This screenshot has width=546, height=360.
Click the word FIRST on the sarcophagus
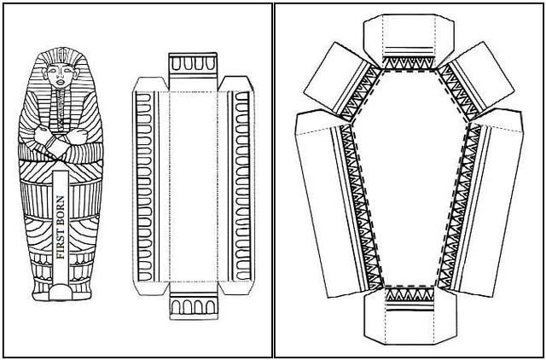coord(61,244)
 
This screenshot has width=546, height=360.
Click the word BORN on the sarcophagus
coord(61,212)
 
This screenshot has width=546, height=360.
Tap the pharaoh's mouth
coord(61,83)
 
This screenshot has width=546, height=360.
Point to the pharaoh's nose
coord(61,74)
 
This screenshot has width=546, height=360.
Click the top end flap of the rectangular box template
coord(193,72)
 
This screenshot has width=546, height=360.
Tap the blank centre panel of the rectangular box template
coord(194,187)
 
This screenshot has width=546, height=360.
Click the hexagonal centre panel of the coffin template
coord(409,177)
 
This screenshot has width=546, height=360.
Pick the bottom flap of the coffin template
coord(410,316)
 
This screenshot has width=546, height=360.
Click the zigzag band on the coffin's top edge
coord(409,62)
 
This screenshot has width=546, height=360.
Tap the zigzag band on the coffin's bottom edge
coord(410,294)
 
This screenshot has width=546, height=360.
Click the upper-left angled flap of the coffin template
coord(341,82)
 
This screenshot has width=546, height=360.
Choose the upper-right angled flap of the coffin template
coord(476,82)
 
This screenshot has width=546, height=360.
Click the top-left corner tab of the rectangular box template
coord(150,84)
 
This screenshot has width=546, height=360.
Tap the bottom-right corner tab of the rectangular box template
coord(235,288)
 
